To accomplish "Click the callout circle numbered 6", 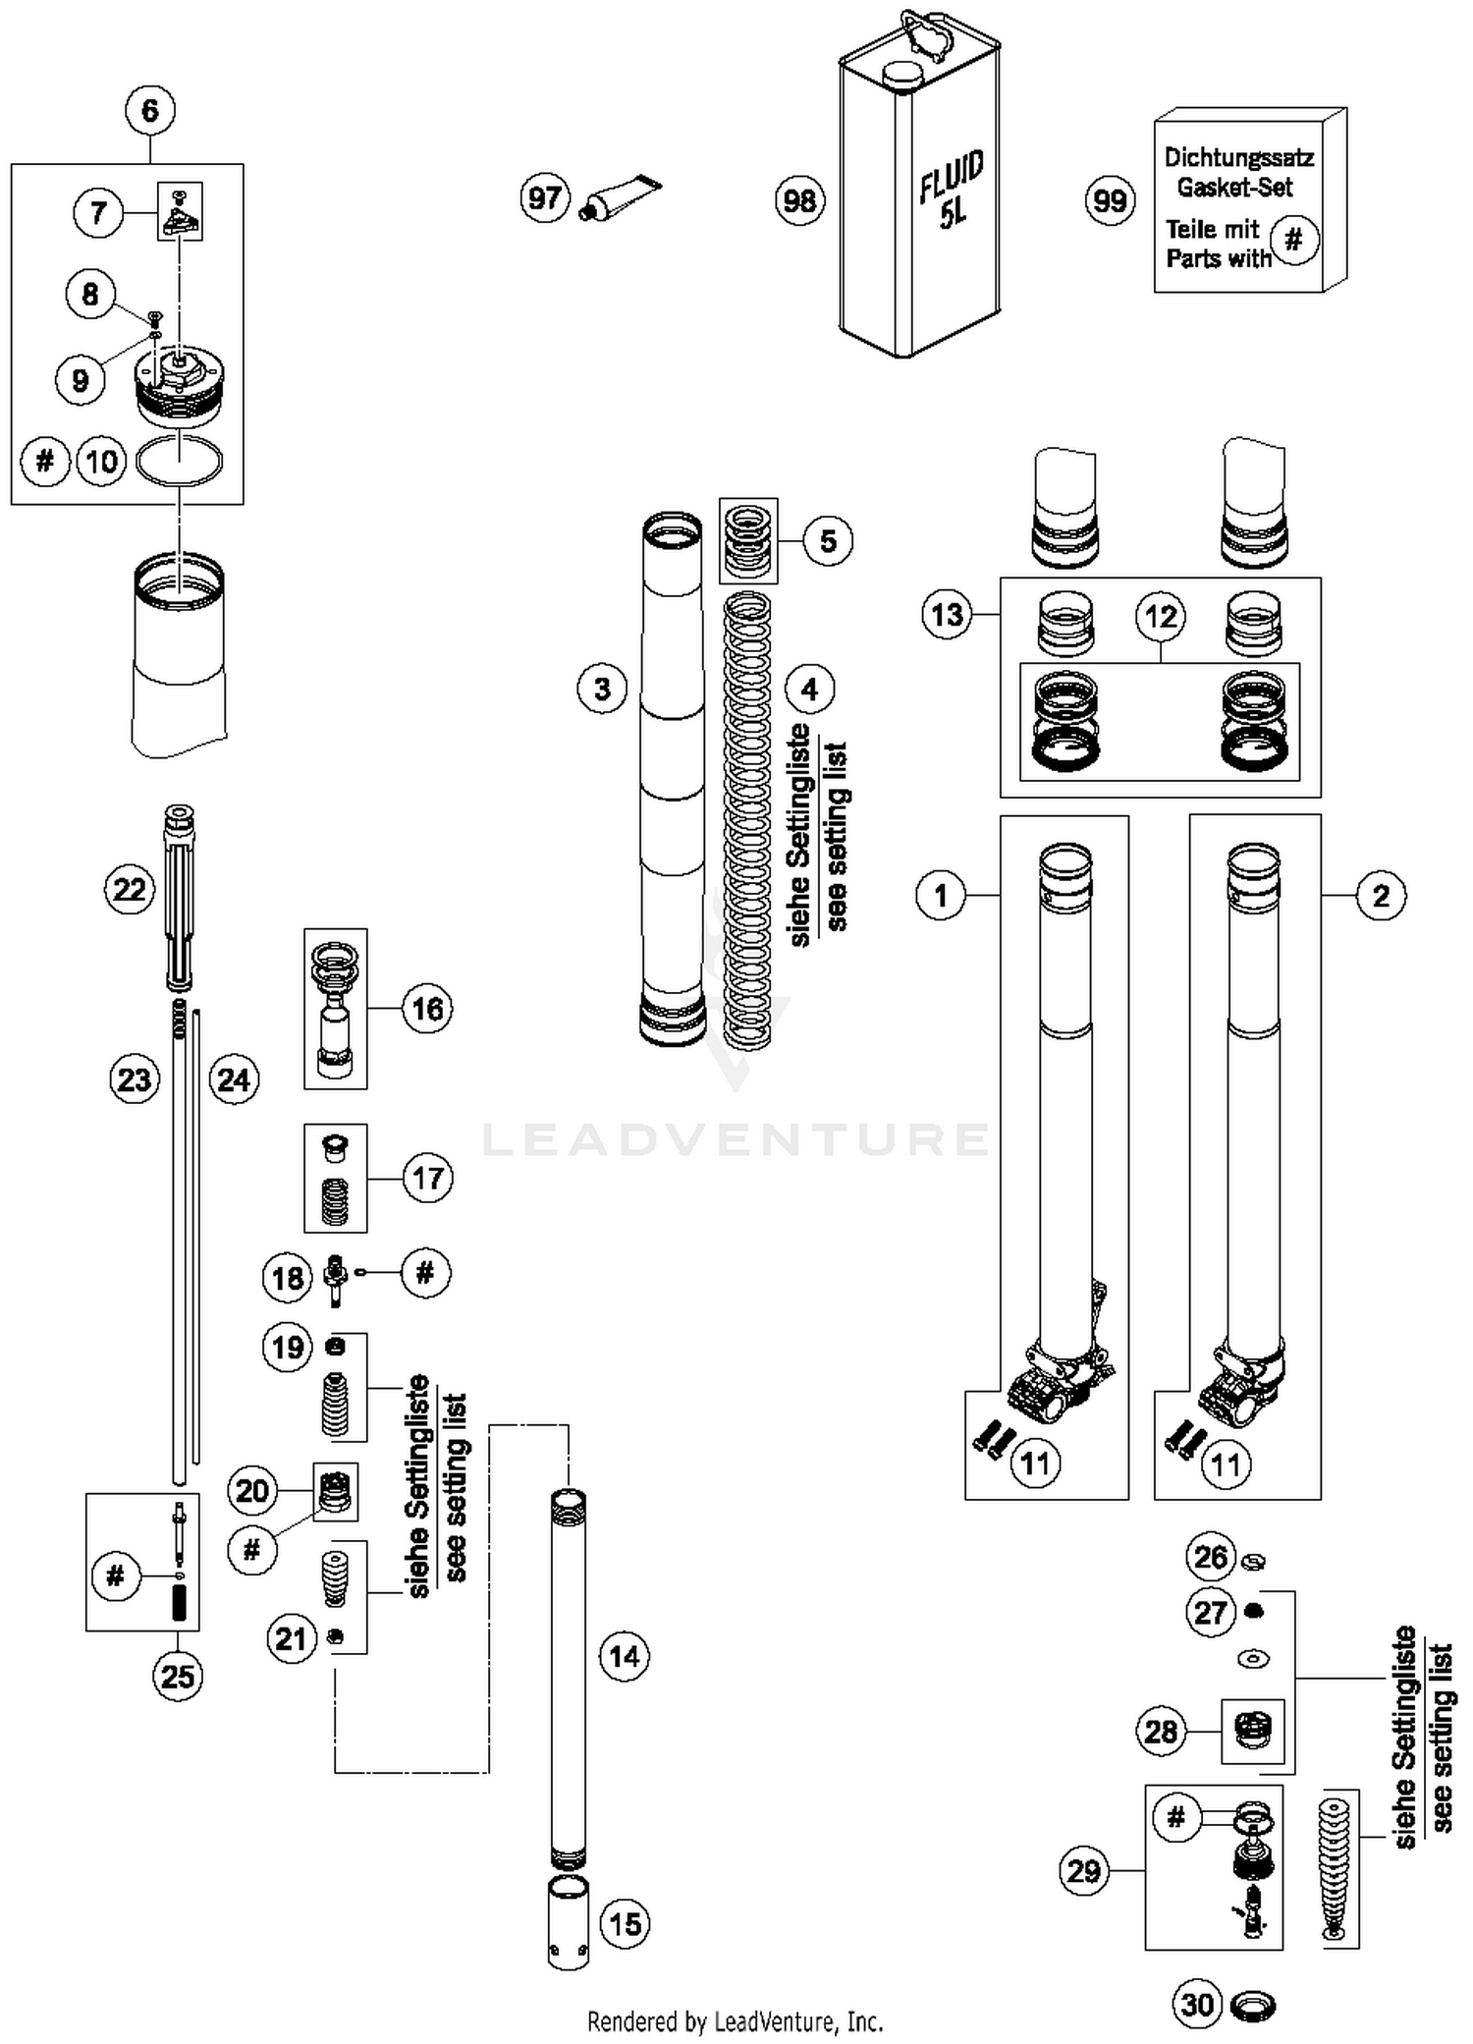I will (149, 110).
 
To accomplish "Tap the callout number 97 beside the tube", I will (544, 197).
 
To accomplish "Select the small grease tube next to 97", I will (621, 195).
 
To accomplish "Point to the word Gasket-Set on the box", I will (1234, 187).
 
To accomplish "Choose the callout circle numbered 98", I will (799, 201).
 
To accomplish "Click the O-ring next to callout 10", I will (180, 461).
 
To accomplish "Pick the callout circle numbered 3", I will (602, 689).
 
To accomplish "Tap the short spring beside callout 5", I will (748, 541).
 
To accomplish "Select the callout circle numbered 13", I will (947, 615).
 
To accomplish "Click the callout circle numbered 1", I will (941, 895).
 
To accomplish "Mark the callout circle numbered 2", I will (1381, 895).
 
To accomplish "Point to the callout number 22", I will (130, 890).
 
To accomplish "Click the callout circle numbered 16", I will (427, 1009).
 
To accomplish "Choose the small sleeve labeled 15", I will (569, 1922).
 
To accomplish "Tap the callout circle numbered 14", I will (625, 1657).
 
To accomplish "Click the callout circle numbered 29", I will (1084, 1871).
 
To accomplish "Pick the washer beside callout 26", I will (1253, 1560).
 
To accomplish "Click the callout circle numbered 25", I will (178, 1676).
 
